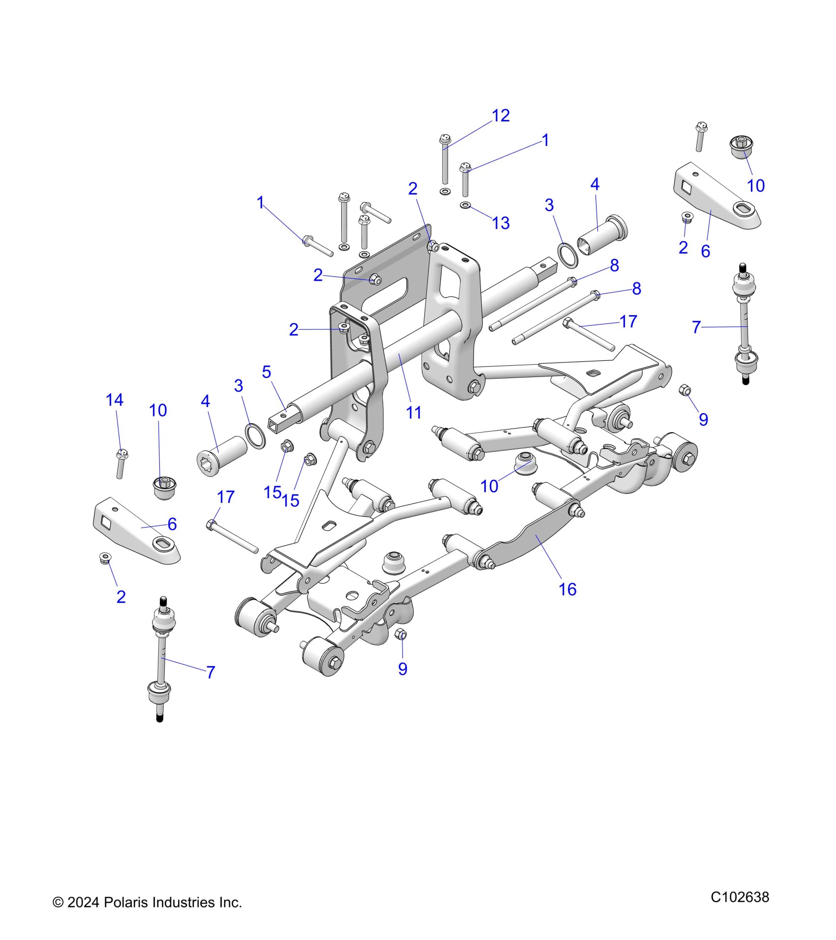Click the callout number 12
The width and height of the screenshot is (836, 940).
click(x=501, y=116)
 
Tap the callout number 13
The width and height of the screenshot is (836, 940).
click(x=501, y=223)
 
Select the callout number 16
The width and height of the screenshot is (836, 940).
click(x=567, y=589)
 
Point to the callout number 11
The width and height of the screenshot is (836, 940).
click(x=414, y=413)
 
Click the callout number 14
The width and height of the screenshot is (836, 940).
click(x=115, y=400)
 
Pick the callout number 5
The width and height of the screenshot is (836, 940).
click(x=266, y=372)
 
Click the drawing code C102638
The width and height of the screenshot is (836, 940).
click(x=740, y=897)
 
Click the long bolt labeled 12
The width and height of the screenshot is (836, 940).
click(x=445, y=160)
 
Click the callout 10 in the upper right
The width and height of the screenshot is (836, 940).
click(x=756, y=186)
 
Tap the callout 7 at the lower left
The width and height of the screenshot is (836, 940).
click(x=210, y=672)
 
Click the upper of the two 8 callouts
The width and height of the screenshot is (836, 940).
click(x=614, y=266)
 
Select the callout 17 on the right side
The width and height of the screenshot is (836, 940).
click(x=628, y=322)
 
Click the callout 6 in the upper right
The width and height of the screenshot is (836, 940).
click(x=705, y=251)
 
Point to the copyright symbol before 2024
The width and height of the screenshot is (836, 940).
click(x=58, y=903)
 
